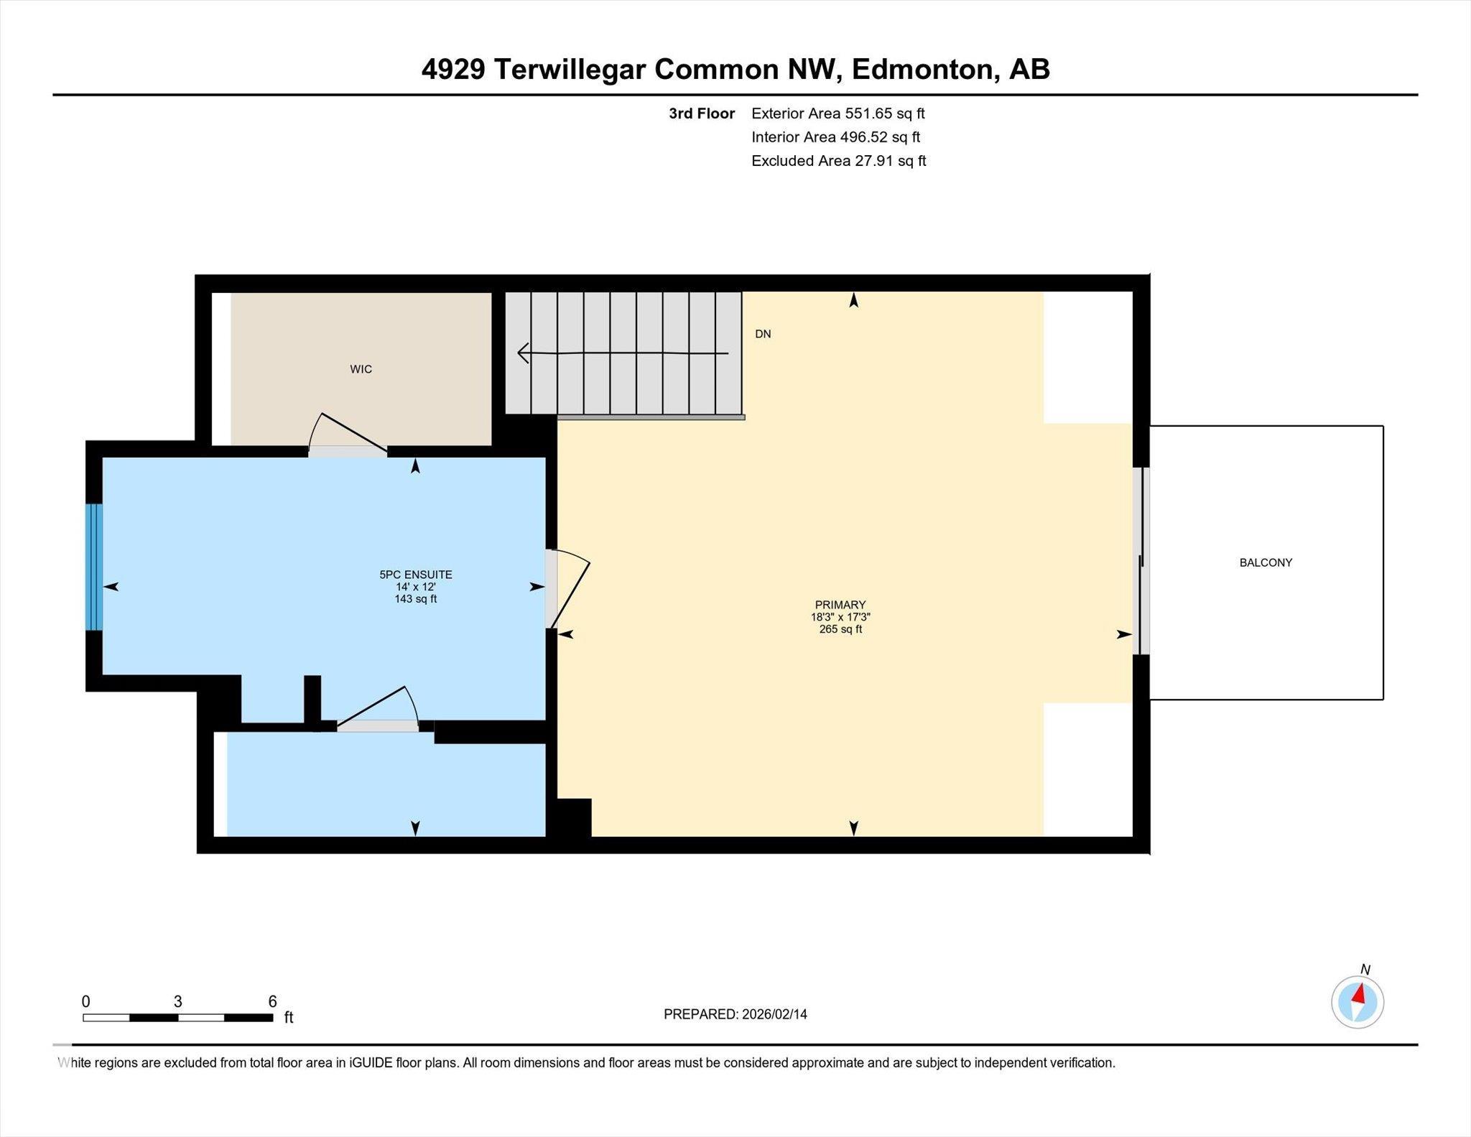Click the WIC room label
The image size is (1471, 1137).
tap(361, 369)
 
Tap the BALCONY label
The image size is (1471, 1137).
tap(1266, 562)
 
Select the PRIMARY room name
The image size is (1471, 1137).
tap(840, 605)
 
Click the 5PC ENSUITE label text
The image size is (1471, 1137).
tap(416, 575)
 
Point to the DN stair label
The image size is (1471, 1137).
tap(763, 334)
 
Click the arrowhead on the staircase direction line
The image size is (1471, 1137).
tap(523, 353)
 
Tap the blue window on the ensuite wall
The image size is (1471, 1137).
tap(94, 567)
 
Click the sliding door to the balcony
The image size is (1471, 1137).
tap(1141, 562)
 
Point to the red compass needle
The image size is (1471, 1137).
tap(1359, 994)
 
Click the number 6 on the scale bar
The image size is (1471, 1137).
tap(272, 1001)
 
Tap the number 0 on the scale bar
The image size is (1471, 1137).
tap(86, 1001)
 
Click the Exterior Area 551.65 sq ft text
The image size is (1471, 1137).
tap(837, 113)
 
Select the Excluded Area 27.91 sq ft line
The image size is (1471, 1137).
tap(838, 161)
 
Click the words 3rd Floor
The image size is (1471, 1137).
tap(701, 113)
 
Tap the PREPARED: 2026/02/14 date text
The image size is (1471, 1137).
tap(735, 1014)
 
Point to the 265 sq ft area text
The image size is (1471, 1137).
tap(840, 629)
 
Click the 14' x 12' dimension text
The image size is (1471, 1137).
tap(416, 587)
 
